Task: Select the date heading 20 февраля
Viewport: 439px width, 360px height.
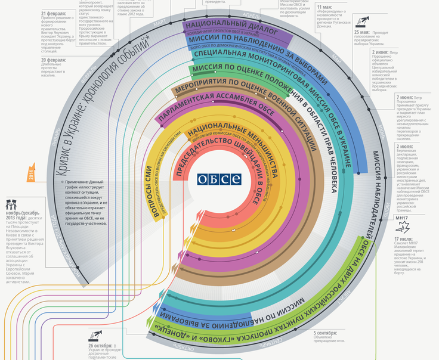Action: (54, 60)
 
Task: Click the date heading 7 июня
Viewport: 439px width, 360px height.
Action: (404, 97)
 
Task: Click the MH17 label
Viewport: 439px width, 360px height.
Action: (401, 218)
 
